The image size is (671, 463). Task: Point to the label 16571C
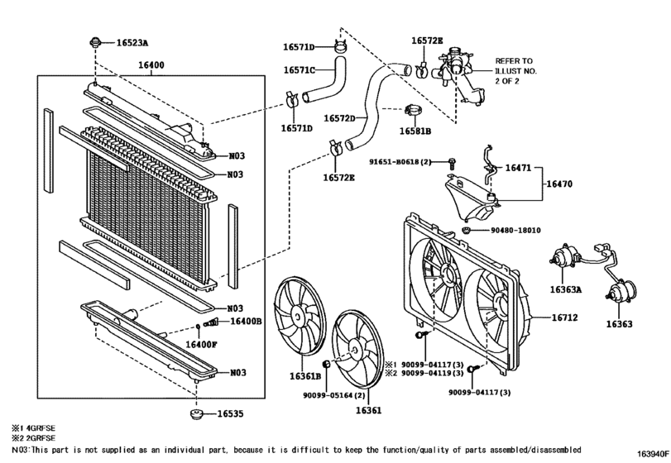[300, 70]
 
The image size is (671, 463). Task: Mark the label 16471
[521, 167]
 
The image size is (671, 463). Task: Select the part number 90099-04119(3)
[436, 374]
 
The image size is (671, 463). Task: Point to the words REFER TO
[514, 61]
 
